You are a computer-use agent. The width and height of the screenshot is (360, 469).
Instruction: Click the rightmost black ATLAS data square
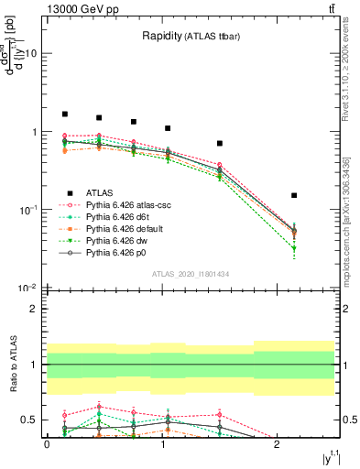(294, 195)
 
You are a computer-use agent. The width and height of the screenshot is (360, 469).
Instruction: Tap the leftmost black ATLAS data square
(65, 115)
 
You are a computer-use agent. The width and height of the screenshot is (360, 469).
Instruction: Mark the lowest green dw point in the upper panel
(294, 249)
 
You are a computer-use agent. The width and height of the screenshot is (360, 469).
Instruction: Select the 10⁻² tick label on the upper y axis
(27, 288)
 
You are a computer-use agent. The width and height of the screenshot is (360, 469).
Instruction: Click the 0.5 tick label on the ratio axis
(29, 420)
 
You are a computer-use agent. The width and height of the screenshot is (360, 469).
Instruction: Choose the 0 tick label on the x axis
(47, 443)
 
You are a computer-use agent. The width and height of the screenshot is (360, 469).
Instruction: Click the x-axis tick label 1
(162, 443)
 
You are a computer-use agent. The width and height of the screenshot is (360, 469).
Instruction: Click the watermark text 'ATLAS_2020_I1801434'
(191, 274)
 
